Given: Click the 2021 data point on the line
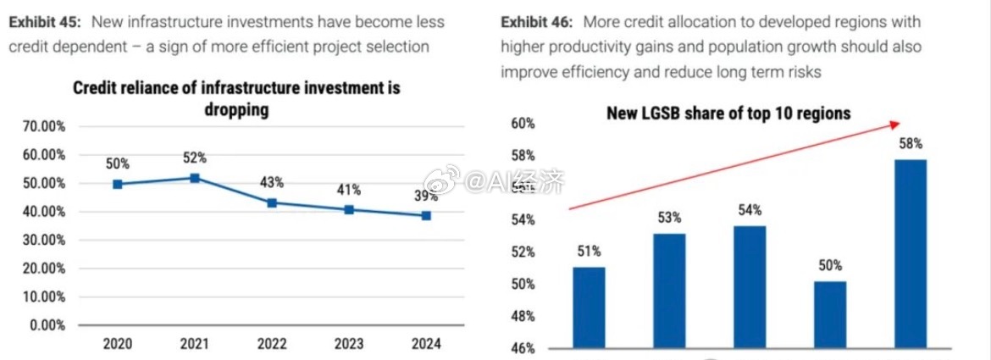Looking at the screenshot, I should point(195,178).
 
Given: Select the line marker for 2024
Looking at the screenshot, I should point(426,215).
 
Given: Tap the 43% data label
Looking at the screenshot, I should point(272,183).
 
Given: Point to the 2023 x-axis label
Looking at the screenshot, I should point(349,345).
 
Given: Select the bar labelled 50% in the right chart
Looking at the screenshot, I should point(830,315).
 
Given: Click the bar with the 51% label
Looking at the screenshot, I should point(589,307).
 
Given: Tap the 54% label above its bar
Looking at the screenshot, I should point(750,210).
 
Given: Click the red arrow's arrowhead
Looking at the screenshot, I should point(895,125).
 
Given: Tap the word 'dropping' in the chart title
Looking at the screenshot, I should point(236,109).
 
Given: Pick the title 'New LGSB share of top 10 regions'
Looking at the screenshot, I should point(728,114).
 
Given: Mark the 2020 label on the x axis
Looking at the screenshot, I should point(117,345).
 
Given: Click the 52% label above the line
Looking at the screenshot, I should point(195,158).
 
